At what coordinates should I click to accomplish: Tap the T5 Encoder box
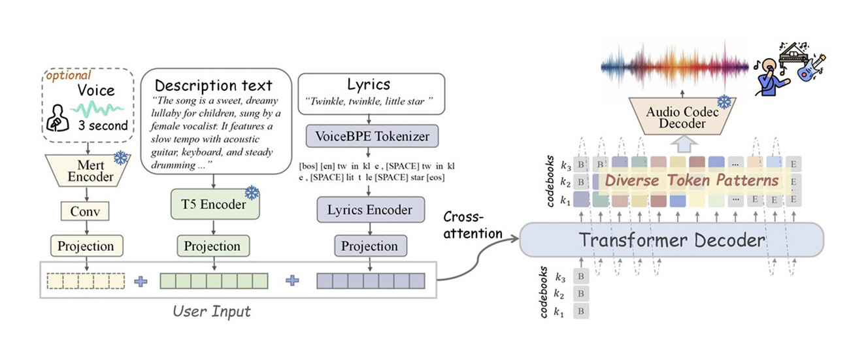[214, 205]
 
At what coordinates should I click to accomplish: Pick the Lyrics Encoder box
[371, 210]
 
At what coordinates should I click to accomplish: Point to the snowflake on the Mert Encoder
[120, 157]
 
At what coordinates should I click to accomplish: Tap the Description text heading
[213, 85]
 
